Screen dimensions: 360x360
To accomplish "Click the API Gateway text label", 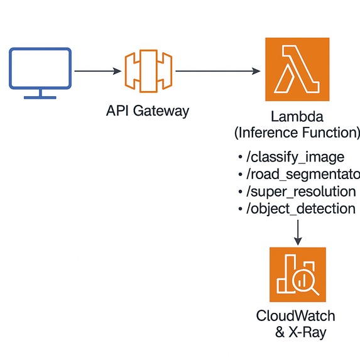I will [148, 111].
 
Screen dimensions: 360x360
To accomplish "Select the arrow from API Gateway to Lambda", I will [217, 72].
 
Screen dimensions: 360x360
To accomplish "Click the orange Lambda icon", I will [297, 70].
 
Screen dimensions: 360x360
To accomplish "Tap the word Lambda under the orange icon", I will [297, 117].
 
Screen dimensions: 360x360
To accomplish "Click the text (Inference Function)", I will [297, 133].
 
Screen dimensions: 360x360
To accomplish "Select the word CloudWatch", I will [296, 316].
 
